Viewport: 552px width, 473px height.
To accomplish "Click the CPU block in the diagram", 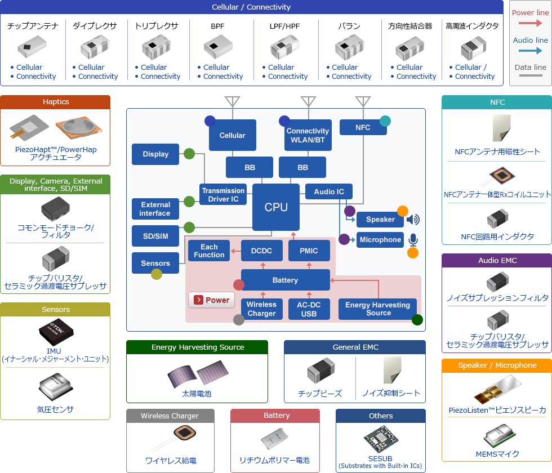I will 276,207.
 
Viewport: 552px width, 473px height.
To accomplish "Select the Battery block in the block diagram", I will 285,280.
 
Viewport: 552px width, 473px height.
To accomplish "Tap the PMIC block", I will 308,251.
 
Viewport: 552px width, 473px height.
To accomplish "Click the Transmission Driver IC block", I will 224,195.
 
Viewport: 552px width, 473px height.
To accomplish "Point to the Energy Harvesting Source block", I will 378,309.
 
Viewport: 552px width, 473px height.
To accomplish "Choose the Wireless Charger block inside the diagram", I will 261,309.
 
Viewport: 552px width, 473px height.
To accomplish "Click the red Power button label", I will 211,300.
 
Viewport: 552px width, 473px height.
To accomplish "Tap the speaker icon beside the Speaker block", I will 413,220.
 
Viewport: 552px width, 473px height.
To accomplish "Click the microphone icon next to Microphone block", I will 413,240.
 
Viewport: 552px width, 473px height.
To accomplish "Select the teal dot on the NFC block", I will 385,121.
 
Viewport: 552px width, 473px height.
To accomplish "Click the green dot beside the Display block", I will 189,153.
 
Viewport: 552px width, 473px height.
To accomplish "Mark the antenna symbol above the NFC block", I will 363,102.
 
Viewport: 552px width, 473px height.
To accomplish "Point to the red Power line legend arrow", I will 530,24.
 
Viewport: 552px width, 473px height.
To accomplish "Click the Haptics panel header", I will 55,102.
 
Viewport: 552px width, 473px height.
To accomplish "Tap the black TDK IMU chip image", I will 55,332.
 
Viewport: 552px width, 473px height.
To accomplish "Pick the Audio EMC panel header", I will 497,261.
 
